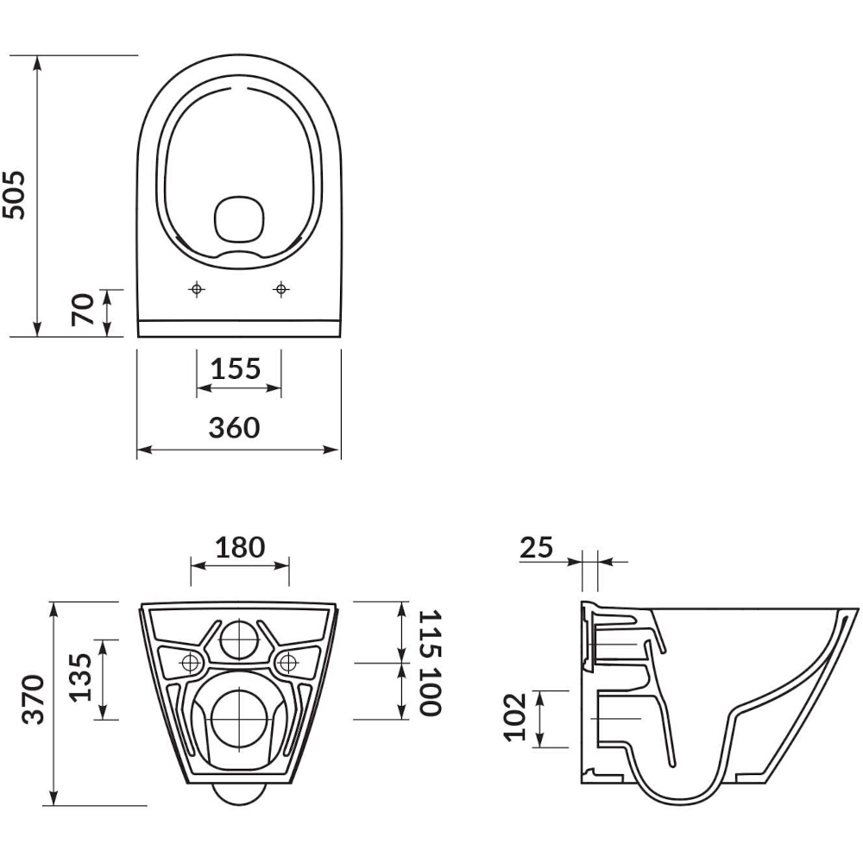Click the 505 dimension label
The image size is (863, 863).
[x=13, y=195]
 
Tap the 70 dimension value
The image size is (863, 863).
[x=83, y=310]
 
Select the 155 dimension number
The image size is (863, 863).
[x=236, y=369]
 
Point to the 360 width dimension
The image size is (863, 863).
[x=234, y=428]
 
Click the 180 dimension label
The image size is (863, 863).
[x=240, y=547]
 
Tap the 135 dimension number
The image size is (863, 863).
[x=80, y=677]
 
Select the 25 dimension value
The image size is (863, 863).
[x=536, y=547]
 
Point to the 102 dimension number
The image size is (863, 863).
[x=516, y=717]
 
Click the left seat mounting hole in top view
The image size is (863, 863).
[x=197, y=288]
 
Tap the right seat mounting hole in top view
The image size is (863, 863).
[x=281, y=288]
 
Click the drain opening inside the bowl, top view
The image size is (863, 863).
[x=239, y=218]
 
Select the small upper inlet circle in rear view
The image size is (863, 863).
[x=239, y=639]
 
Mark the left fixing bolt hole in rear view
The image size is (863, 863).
[x=191, y=663]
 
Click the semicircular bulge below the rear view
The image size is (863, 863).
[x=239, y=802]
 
